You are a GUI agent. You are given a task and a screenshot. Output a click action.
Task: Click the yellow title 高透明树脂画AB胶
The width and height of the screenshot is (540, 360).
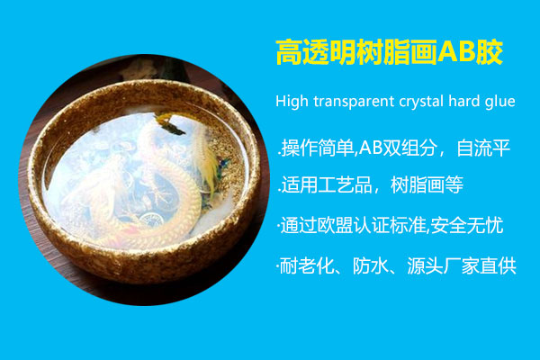387,52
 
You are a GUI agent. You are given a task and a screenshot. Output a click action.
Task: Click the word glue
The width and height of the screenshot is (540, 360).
500,101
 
